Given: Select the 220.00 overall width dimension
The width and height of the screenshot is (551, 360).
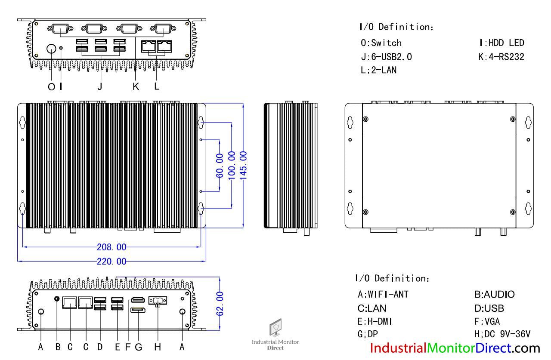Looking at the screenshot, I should (x=112, y=261).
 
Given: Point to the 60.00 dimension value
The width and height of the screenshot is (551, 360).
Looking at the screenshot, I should (x=220, y=165).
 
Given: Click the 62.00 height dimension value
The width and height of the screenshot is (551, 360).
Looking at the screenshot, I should (x=220, y=304).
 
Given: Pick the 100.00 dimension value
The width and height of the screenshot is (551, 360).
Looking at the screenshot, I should (x=232, y=165).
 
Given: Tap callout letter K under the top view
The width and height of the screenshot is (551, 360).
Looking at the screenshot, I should (x=136, y=86).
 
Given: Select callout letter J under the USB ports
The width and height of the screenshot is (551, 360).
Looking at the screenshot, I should (x=99, y=86).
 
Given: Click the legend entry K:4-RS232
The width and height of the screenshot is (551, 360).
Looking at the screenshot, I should (x=501, y=56).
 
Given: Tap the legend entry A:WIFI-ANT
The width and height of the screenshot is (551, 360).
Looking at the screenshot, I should (x=383, y=295).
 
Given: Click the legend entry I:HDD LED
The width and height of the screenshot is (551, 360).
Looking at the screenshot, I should (x=501, y=43).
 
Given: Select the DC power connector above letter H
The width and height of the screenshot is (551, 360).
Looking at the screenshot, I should (x=158, y=301).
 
